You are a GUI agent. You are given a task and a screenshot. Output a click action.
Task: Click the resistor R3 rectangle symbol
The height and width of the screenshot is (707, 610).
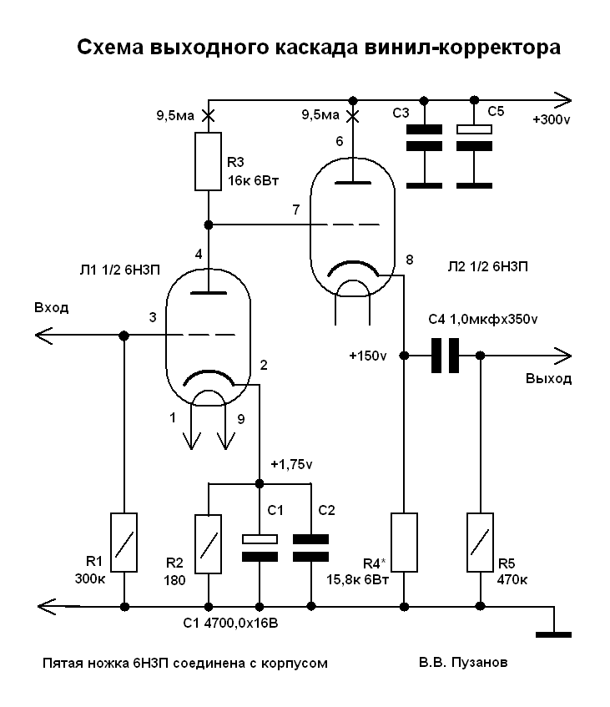[208, 161]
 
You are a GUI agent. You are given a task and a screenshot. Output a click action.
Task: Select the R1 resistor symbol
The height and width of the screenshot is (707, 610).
[124, 542]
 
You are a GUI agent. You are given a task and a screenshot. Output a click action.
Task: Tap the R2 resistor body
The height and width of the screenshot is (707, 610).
[208, 543]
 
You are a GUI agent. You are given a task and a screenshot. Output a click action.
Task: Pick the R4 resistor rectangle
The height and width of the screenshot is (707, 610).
[404, 542]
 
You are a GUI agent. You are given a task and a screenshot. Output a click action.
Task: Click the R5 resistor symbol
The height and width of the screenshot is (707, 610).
[480, 542]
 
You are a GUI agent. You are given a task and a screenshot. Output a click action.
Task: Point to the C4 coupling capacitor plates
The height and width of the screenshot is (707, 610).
[445, 356]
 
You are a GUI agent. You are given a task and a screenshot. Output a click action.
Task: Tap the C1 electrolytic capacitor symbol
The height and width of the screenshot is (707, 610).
[260, 548]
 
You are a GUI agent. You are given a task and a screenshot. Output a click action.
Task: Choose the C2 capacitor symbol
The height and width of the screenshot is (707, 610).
[310, 548]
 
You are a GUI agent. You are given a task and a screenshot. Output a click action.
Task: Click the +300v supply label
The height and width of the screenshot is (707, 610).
[552, 119]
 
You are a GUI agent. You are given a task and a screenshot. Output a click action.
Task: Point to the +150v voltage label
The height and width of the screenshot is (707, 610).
[368, 356]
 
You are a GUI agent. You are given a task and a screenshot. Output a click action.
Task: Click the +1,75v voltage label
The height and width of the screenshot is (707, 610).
[291, 464]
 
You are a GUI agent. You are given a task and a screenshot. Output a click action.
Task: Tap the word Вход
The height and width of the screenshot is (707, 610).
[52, 307]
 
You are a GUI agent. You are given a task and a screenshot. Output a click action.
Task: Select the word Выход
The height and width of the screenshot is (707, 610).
[549, 378]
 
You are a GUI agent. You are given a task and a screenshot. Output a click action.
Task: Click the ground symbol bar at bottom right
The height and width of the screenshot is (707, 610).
[553, 635]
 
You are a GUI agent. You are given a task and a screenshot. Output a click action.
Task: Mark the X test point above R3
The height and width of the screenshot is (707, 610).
[208, 116]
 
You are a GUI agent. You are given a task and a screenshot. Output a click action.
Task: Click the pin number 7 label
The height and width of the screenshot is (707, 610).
[295, 210]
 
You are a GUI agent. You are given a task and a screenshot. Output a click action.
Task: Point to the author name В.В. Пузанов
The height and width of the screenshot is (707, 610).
[463, 663]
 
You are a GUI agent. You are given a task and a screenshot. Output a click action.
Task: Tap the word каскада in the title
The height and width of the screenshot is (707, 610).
[317, 48]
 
